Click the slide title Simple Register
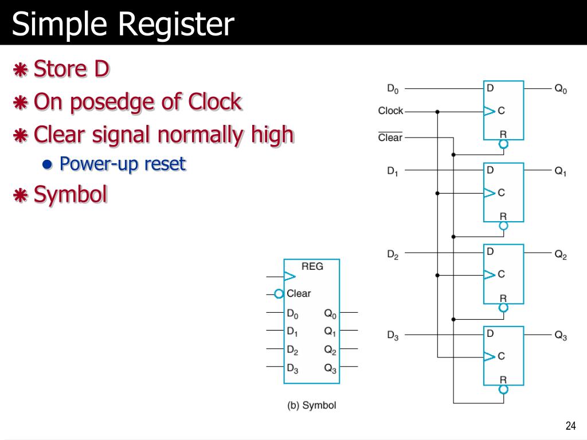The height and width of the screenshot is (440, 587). click(123, 25)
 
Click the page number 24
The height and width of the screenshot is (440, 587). click(570, 425)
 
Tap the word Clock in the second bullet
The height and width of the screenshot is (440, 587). click(214, 103)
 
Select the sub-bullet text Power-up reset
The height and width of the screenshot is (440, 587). click(123, 164)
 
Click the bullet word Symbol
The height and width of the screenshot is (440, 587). click(71, 195)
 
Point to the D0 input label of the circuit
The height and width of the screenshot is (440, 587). click(393, 89)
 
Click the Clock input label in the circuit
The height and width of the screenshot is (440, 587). click(390, 111)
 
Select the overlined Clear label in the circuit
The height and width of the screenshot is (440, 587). click(390, 137)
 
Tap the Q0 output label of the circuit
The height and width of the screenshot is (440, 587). click(560, 89)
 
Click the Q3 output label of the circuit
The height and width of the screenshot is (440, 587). click(560, 336)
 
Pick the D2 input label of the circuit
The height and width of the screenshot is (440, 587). click(393, 254)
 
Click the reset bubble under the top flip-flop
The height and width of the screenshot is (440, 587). click(503, 144)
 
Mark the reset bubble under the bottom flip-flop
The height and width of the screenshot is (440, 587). click(503, 390)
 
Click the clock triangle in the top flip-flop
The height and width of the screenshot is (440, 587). click(489, 111)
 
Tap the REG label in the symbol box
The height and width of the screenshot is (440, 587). click(312, 266)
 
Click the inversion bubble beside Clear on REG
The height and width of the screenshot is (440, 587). click(279, 294)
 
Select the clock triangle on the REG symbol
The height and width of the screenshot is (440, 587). click(289, 277)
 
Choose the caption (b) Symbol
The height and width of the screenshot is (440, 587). click(311, 405)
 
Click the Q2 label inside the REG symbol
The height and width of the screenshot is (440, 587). click(330, 349)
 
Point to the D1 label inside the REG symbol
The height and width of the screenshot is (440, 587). click(292, 331)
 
